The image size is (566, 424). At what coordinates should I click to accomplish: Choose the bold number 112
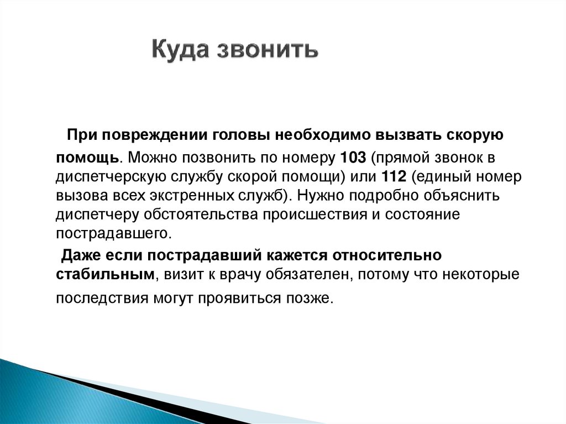tap(394, 176)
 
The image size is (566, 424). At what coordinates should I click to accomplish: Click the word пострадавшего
tap(113, 233)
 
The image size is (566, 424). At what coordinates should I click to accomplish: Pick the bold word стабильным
tap(103, 274)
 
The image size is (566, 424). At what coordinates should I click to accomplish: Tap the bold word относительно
tap(387, 255)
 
